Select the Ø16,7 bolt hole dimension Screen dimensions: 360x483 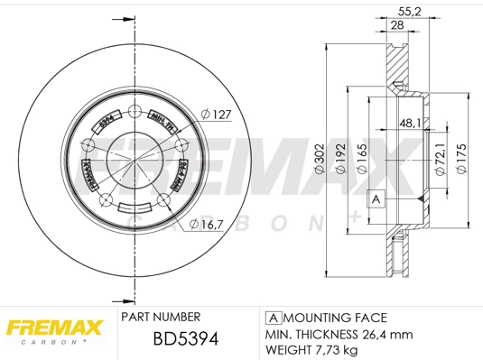pos(209,225)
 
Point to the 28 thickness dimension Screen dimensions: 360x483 pos(396,26)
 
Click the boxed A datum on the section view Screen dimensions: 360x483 pos(375,198)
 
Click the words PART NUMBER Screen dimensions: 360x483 pos(161,318)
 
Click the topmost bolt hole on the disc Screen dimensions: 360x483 pos(135,112)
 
